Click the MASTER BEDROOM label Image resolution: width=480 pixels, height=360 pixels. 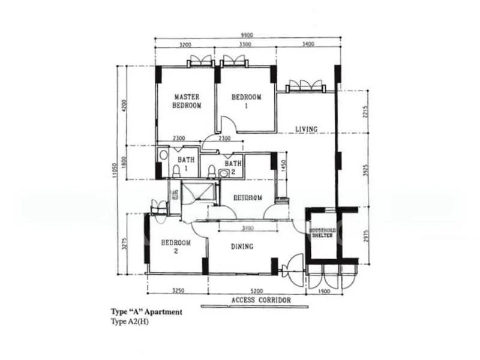coord(187,101)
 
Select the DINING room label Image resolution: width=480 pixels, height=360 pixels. coord(242,246)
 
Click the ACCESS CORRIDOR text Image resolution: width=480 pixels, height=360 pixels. coord(261,299)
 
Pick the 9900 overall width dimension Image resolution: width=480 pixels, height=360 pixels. coord(246,35)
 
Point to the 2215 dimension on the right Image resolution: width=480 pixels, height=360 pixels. coord(365,112)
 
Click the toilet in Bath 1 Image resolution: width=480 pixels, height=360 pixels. coord(176,172)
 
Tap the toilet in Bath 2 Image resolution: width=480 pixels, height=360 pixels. coord(211,172)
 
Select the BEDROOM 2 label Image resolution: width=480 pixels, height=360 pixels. coord(176,247)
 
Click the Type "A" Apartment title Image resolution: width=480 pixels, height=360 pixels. coord(146,312)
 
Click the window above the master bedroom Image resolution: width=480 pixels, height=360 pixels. coord(199,61)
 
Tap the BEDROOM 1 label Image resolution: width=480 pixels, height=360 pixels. coord(247,101)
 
